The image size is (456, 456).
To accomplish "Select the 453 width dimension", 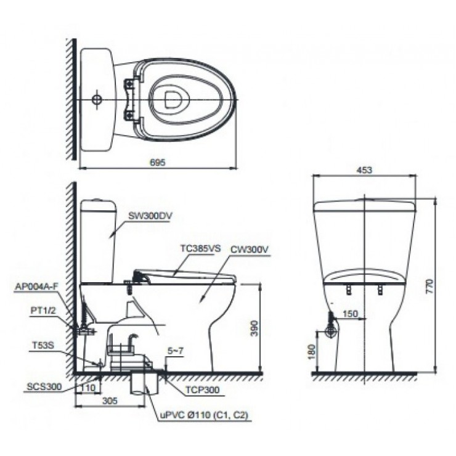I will tap(364, 171).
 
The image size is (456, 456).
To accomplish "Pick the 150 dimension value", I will tap(349, 314).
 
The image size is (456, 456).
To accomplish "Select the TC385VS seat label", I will tap(200, 249).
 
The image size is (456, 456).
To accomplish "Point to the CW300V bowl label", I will tap(251, 249).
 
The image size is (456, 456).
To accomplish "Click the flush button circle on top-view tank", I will tap(96, 99).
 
